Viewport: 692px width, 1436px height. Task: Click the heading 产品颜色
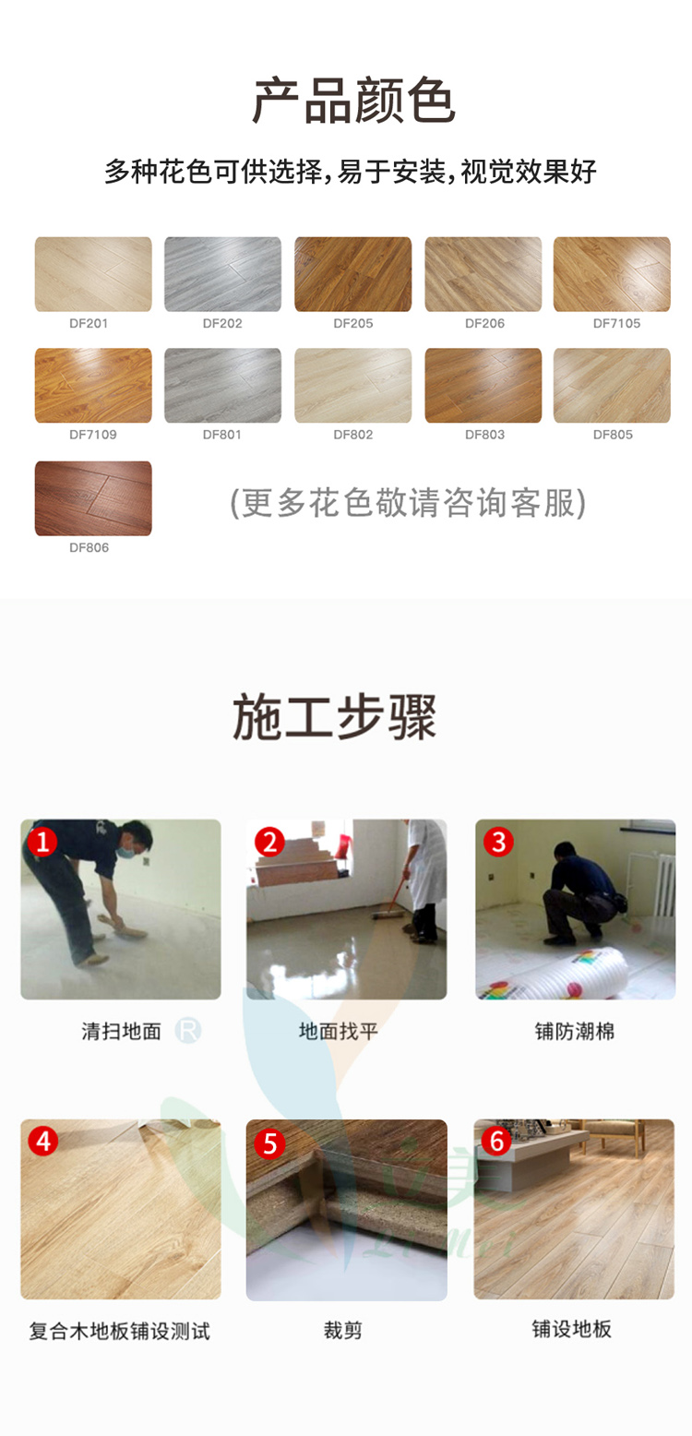353,101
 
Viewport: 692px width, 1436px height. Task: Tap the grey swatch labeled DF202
222,274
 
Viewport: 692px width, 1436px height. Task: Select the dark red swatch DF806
93,498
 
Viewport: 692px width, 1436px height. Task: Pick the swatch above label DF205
352,274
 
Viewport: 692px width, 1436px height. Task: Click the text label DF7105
616,323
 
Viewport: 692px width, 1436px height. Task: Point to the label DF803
484,435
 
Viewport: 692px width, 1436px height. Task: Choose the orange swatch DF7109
93,386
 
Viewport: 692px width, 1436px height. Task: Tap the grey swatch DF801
222,386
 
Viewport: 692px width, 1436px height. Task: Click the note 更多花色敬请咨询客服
408,503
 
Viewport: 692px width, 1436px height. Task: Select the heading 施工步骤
334,718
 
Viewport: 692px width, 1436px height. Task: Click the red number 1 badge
42,842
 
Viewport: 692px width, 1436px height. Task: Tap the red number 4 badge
42,1141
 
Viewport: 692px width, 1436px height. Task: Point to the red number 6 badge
495,1141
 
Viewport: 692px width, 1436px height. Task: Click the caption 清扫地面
121,1032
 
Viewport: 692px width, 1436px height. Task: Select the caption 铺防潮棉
575,1032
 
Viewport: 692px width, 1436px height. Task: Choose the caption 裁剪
342,1330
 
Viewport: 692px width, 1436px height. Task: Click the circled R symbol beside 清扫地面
187,1031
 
